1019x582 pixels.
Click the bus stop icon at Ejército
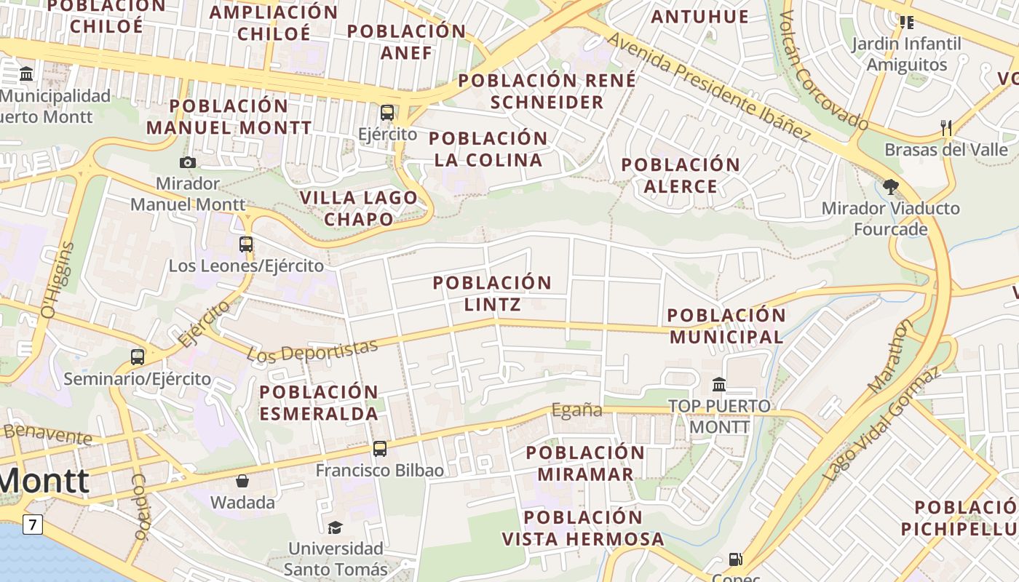pos(387,113)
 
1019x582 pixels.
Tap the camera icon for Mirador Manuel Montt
pos(188,162)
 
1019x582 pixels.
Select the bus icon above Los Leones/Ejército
pos(246,244)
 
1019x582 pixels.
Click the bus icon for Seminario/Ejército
pos(138,357)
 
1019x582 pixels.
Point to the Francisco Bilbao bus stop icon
pos(380,449)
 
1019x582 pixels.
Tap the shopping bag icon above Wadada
pos(242,481)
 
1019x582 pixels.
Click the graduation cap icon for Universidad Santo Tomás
pos(335,527)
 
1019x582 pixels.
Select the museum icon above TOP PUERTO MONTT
pos(719,384)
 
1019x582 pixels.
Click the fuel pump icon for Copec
pos(736,559)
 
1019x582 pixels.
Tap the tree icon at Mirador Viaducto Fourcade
pos(890,187)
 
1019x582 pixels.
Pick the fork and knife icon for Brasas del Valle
pos(946,128)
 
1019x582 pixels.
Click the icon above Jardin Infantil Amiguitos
pos(906,23)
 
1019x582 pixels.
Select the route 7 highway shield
pos(32,524)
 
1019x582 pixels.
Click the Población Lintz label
pos(493,293)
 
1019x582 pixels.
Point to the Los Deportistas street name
pos(313,351)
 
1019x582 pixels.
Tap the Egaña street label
pos(576,410)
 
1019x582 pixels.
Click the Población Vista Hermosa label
pos(583,528)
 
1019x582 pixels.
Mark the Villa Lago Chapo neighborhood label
pos(359,208)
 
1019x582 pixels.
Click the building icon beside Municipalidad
pos(27,73)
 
